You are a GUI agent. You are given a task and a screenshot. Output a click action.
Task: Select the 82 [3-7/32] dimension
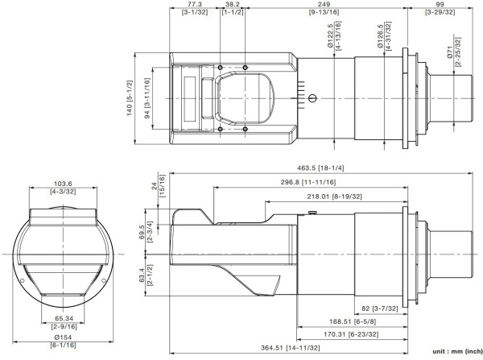pyautogui.click(x=376, y=308)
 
